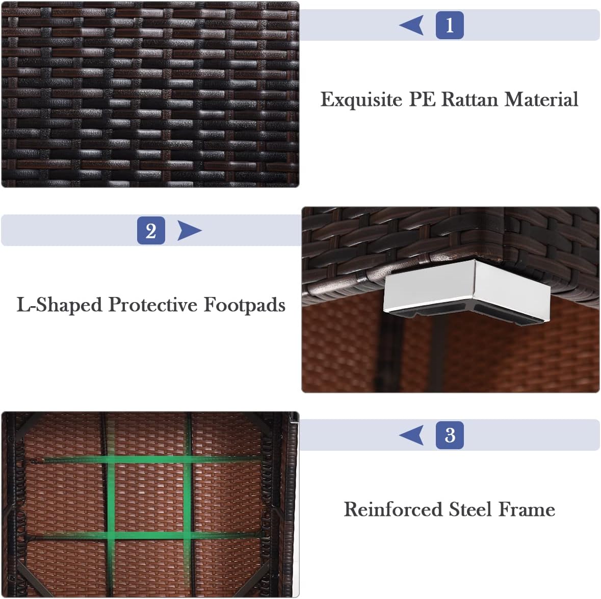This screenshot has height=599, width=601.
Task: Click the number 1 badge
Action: pos(450,25)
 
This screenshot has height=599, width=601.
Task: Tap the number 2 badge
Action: pos(151,231)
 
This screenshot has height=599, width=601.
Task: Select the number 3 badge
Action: pos(450,435)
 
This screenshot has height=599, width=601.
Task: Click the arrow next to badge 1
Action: pos(411,25)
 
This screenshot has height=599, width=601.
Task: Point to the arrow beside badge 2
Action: pos(189,231)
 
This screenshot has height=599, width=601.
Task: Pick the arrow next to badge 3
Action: pos(411,435)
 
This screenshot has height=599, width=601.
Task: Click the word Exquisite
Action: pos(361,100)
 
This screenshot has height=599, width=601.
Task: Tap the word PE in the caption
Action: pos(422,99)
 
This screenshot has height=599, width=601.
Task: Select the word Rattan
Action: pos(469,99)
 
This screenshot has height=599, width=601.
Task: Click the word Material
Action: pos(541,99)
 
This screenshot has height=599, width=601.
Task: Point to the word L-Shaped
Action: pos(59,305)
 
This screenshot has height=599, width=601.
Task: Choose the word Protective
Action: pos(152,305)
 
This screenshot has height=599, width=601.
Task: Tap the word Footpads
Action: pos(244,305)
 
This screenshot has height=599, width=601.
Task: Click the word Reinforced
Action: pos(393,510)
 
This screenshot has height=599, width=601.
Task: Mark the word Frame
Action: pos(527,510)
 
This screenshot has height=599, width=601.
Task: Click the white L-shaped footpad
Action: pos(467,290)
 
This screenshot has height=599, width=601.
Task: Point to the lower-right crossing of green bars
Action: pos(188,535)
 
